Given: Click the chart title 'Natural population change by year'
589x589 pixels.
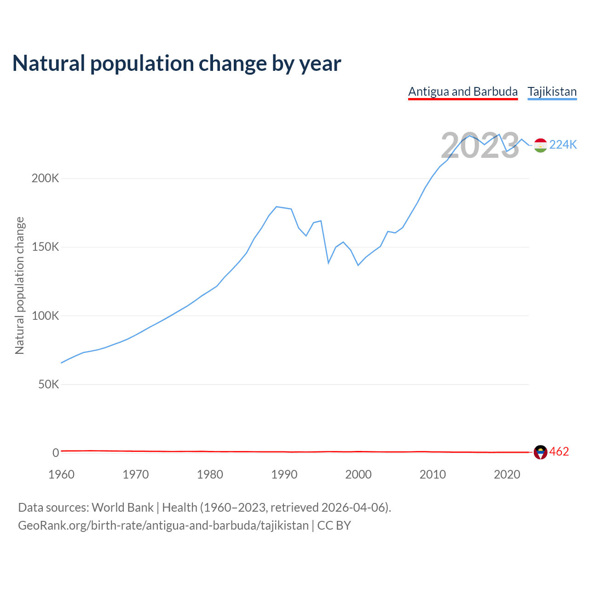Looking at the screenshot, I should [177, 64].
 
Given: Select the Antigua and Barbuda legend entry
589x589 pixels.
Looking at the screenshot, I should [463, 92].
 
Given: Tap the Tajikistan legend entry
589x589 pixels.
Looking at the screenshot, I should [552, 92].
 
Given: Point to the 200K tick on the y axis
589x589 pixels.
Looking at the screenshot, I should [46, 178].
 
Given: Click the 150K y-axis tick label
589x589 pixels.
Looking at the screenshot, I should [46, 247].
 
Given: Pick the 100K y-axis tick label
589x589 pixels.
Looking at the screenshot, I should [46, 316].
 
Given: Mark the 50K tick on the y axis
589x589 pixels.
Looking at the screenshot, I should [48, 384].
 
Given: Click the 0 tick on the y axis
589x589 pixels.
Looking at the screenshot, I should [56, 453].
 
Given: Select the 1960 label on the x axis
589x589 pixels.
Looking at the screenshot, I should [61, 474].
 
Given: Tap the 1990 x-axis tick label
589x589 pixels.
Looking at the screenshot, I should [284, 474].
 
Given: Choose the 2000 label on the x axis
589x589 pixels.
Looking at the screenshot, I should [358, 474].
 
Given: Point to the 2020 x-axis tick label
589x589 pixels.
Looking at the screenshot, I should [507, 474].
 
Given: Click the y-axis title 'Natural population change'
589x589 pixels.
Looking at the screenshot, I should [20, 286].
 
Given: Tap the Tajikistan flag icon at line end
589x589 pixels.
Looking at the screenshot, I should [540, 145].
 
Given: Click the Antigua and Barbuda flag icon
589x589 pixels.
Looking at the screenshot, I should [540, 452].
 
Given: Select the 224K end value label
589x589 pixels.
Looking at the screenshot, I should [563, 145].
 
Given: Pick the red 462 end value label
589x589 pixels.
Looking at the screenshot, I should [559, 452].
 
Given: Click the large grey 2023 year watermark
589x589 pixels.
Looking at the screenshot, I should [480, 146].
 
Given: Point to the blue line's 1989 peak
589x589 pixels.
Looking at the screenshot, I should [276, 207].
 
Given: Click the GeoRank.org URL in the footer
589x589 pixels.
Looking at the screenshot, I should [163, 525].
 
